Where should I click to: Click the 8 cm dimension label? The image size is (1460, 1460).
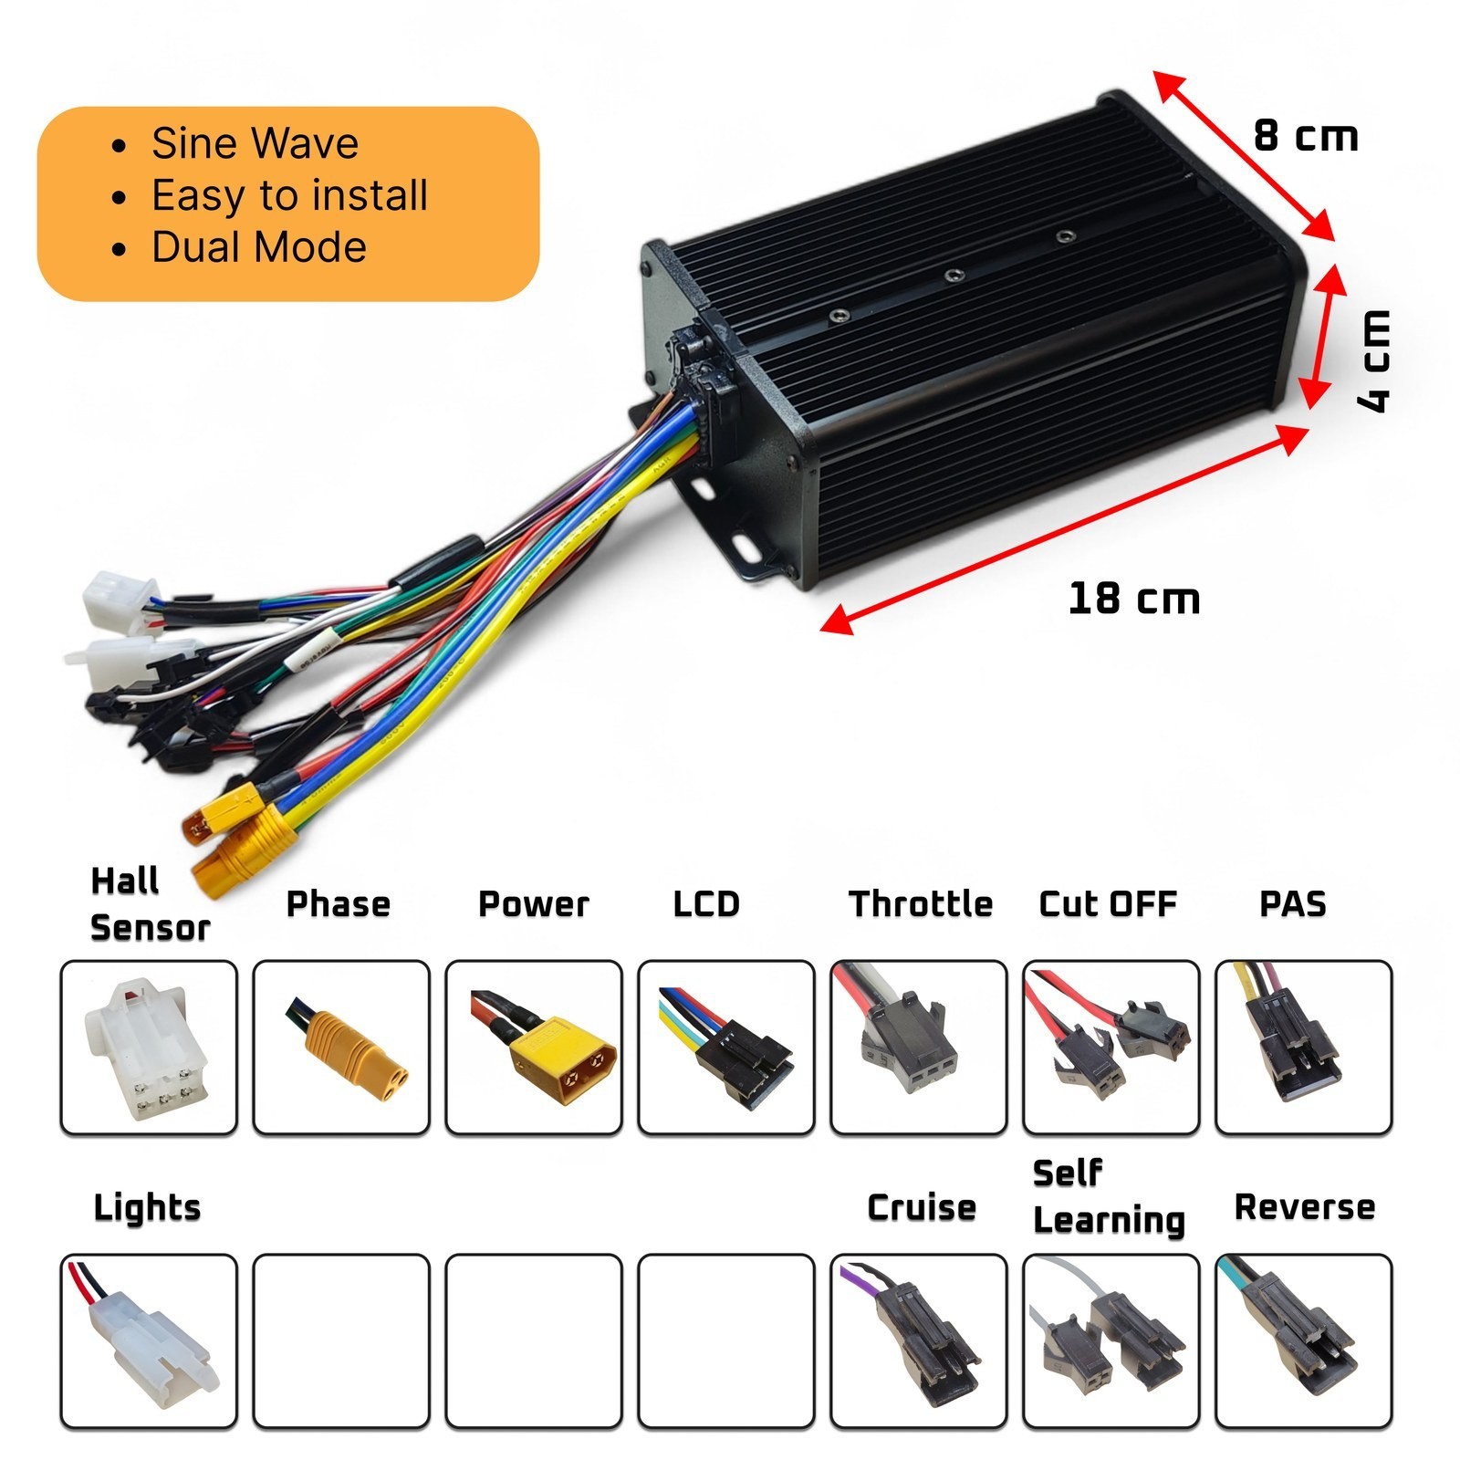tap(1306, 136)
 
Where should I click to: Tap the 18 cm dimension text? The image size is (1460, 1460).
tap(1134, 599)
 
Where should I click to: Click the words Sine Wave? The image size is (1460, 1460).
tap(255, 143)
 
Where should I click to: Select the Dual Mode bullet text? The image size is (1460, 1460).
tap(259, 247)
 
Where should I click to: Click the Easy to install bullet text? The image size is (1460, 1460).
tap(289, 195)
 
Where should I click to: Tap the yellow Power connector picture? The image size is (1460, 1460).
tap(540, 1047)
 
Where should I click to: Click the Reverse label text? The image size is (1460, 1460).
tap(1304, 1207)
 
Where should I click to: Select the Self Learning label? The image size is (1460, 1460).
tap(1109, 1196)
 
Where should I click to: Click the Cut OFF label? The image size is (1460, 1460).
tap(1108, 904)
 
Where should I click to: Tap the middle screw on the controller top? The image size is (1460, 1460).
tap(953, 275)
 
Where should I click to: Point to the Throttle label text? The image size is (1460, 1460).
tap(920, 904)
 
